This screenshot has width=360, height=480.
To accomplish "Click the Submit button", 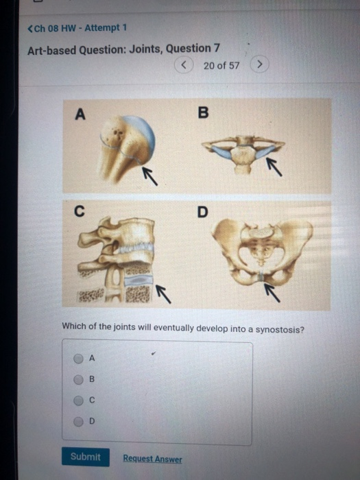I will pyautogui.click(x=86, y=457).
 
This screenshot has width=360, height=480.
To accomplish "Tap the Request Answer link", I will pyautogui.click(x=152, y=459).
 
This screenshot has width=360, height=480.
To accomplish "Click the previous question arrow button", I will pyautogui.click(x=184, y=65).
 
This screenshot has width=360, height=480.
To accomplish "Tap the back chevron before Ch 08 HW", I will pyautogui.click(x=29, y=28).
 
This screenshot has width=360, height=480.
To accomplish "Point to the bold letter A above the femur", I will pyautogui.click(x=80, y=115).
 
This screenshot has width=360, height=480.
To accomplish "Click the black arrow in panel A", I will pyautogui.click(x=149, y=176).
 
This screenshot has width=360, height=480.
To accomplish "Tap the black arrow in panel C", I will pyautogui.click(x=163, y=293).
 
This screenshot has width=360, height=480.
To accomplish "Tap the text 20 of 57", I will pyautogui.click(x=221, y=66).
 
